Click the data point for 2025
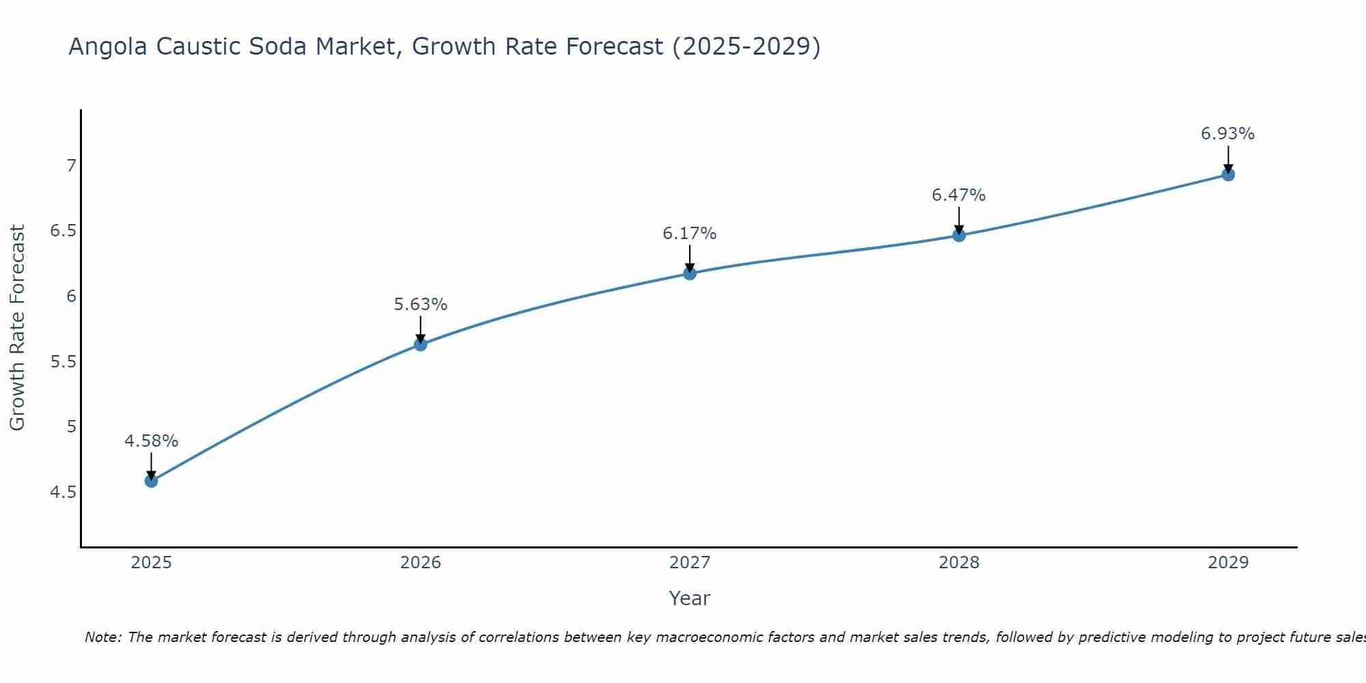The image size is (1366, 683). tap(151, 481)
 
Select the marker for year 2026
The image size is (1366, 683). tap(421, 344)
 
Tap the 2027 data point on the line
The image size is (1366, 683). tap(690, 273)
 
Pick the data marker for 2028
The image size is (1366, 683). tap(959, 236)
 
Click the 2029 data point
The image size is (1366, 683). tap(1228, 174)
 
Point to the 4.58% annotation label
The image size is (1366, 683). tap(151, 441)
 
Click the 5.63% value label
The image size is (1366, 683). tap(421, 305)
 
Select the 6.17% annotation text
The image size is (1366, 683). tap(690, 234)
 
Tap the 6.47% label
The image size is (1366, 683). tap(959, 195)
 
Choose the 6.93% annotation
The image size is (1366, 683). tap(1228, 134)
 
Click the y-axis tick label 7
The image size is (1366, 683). tap(71, 166)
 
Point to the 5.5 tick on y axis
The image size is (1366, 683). tap(63, 361)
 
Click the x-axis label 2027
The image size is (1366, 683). tap(690, 563)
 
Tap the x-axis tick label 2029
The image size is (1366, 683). tap(1228, 563)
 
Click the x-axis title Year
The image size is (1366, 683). tap(690, 598)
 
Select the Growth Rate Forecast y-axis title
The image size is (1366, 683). tap(17, 328)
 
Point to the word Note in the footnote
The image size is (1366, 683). tap(102, 637)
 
